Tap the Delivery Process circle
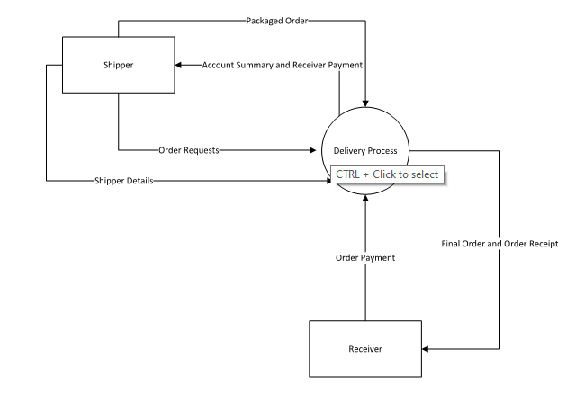(x=366, y=135)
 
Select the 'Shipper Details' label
(x=123, y=181)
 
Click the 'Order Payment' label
(x=366, y=258)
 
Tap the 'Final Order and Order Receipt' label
(x=501, y=244)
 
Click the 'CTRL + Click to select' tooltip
(x=388, y=174)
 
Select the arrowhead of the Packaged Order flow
(x=365, y=104)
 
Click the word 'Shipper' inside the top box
(x=119, y=64)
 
